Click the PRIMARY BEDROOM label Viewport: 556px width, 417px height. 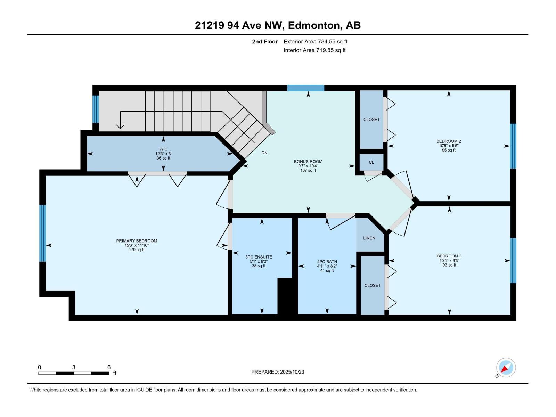coord(137,241)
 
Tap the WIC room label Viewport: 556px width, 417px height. coord(163,149)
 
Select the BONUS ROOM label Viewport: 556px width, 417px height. coord(308,161)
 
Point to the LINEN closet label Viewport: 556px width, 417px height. coord(369,238)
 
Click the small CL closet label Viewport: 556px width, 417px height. coord(371,162)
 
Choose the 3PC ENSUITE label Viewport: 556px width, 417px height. coord(259,257)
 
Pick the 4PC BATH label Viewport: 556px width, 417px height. coord(327,262)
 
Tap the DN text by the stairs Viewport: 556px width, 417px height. coord(264,153)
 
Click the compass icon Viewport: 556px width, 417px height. coord(506,368)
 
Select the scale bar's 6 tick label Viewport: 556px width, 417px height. coord(109,367)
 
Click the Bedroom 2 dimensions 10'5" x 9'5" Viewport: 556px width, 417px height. coord(449,146)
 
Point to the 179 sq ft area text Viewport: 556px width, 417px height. coord(137,250)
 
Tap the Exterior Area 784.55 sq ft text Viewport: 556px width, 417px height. coord(316,41)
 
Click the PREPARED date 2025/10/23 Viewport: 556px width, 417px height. coord(292,372)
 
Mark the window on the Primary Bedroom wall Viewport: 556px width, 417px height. coord(42,233)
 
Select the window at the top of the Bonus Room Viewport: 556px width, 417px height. coord(305,88)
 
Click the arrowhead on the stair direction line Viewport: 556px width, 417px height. coord(120,126)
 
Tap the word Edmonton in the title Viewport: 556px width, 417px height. coord(314,25)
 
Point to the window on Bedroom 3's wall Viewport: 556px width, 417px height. coord(513,261)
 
